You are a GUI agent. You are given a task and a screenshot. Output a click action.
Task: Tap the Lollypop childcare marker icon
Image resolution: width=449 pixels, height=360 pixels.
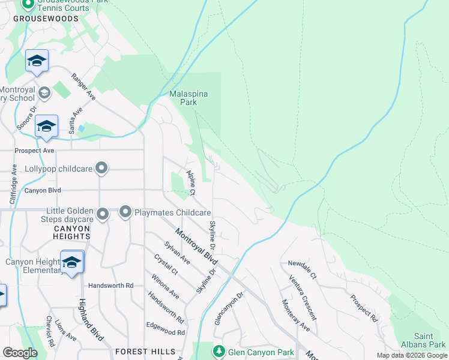pos(101,169)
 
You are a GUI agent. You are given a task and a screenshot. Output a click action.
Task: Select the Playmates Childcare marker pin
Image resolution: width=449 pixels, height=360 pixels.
pos(125,212)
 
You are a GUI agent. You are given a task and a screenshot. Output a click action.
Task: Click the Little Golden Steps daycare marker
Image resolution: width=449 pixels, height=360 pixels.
pos(103,214)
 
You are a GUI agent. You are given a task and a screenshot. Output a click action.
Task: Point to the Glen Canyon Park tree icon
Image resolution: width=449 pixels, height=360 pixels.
pos(219,352)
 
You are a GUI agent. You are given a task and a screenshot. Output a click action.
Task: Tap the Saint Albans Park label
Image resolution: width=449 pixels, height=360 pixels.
pos(429,340)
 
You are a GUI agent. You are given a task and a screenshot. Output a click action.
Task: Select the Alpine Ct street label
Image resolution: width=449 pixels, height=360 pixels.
pos(191,183)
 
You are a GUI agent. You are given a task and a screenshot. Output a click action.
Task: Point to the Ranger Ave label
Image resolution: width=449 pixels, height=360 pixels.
pos(83,86)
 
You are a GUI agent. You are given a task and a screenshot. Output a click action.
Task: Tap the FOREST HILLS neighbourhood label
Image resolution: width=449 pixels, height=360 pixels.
pos(146,352)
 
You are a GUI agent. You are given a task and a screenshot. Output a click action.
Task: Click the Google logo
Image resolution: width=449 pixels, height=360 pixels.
pos(20,353)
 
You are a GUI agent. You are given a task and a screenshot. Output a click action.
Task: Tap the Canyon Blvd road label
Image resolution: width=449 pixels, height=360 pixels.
pos(43,191)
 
